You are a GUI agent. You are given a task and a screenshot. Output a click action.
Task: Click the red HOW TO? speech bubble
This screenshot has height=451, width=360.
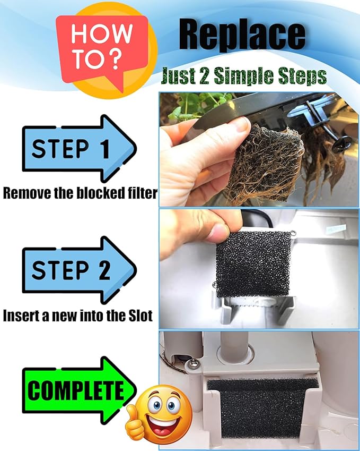(x=102, y=49)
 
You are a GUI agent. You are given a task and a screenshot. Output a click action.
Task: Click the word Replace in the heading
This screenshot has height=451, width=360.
(x=242, y=35)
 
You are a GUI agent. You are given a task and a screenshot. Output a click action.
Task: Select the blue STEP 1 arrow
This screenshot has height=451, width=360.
(x=79, y=148)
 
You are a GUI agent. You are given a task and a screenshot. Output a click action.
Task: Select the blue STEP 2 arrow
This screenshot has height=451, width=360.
(x=79, y=270)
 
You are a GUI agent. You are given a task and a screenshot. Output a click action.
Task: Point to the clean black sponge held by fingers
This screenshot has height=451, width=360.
(x=253, y=264)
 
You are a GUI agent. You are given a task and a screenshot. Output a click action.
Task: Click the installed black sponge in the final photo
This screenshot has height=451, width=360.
(x=262, y=409)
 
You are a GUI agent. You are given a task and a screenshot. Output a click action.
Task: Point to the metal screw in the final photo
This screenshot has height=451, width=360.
(x=193, y=363)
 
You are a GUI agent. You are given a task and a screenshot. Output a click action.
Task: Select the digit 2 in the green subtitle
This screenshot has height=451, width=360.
(x=204, y=76)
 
